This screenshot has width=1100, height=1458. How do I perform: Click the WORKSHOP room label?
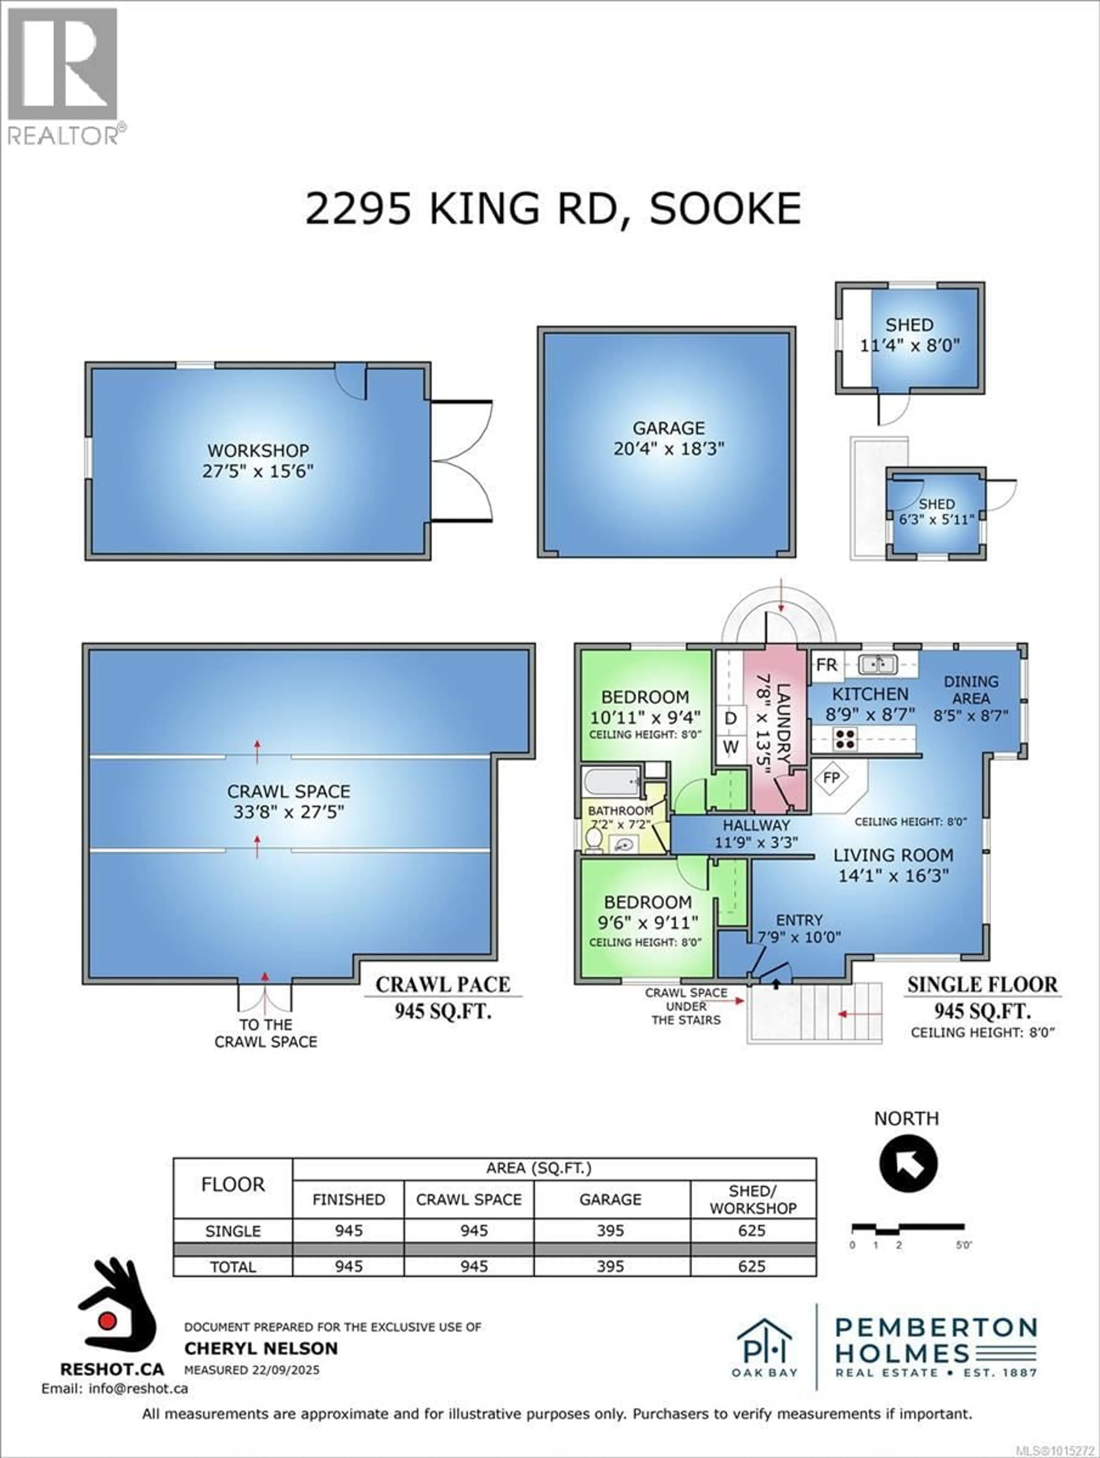pyautogui.click(x=258, y=451)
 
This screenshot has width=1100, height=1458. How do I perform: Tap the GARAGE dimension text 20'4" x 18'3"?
pyautogui.click(x=669, y=449)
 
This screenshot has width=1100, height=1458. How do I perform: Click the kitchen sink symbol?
pyautogui.click(x=877, y=664)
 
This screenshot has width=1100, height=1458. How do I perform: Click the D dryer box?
pyautogui.click(x=730, y=718)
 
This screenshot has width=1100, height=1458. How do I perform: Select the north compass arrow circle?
pyautogui.click(x=908, y=1163)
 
